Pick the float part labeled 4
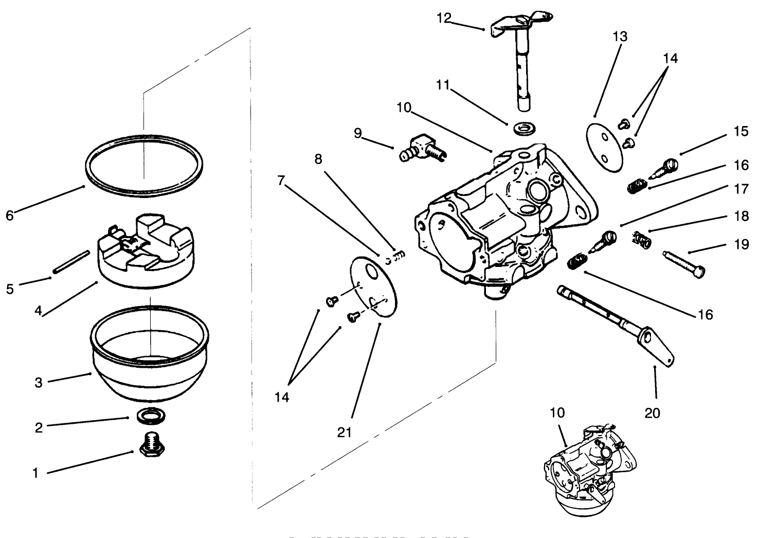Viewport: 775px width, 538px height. coord(146,249)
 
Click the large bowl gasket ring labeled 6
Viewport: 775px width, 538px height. coord(143,166)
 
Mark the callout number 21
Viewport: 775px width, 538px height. coord(344,432)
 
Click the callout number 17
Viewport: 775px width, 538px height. coord(741,189)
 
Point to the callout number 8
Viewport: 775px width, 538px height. coord(318,159)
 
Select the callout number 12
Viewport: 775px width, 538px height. coord(443,18)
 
